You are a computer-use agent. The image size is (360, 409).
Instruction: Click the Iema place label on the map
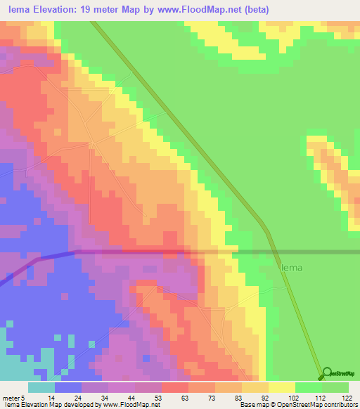click(x=293, y=267)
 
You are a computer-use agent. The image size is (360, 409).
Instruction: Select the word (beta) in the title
click(x=255, y=10)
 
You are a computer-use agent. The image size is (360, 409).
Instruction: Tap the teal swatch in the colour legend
click(x=41, y=387)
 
